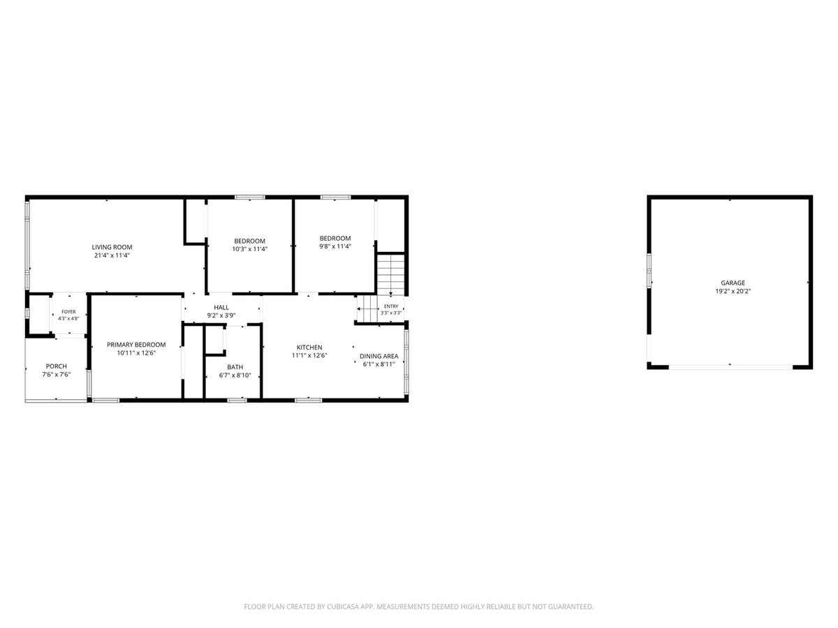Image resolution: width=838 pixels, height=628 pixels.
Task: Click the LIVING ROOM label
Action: (x=112, y=247)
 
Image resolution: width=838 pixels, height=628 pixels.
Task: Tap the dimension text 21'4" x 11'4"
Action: (x=112, y=255)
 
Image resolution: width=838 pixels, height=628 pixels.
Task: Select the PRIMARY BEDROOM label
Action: (x=136, y=345)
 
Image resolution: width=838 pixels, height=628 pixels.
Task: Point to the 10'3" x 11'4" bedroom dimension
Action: (x=250, y=249)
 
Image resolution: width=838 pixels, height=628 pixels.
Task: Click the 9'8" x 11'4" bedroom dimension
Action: (x=335, y=246)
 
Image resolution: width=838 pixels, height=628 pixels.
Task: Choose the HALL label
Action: (x=221, y=307)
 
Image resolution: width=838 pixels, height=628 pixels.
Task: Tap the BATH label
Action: (x=235, y=367)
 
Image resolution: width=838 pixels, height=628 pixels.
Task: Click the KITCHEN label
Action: (x=309, y=347)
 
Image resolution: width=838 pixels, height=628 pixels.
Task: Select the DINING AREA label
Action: (x=378, y=356)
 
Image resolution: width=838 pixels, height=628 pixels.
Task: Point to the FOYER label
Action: (x=68, y=312)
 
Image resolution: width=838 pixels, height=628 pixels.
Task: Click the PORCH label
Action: (x=57, y=366)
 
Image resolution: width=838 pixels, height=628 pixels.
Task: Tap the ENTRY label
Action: (x=391, y=306)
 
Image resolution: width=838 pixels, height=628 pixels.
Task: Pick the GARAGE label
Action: (x=733, y=283)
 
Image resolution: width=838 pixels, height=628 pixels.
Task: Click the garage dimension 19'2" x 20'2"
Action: (x=733, y=291)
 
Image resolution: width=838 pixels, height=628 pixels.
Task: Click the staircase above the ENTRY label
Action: (x=391, y=274)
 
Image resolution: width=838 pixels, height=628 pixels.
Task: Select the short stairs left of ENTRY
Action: (x=367, y=308)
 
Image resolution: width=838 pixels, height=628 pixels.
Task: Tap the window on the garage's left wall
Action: (x=649, y=270)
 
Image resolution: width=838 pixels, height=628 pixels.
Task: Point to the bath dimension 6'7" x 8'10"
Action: (x=235, y=375)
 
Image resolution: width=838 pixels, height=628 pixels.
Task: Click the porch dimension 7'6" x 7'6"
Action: (x=57, y=375)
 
